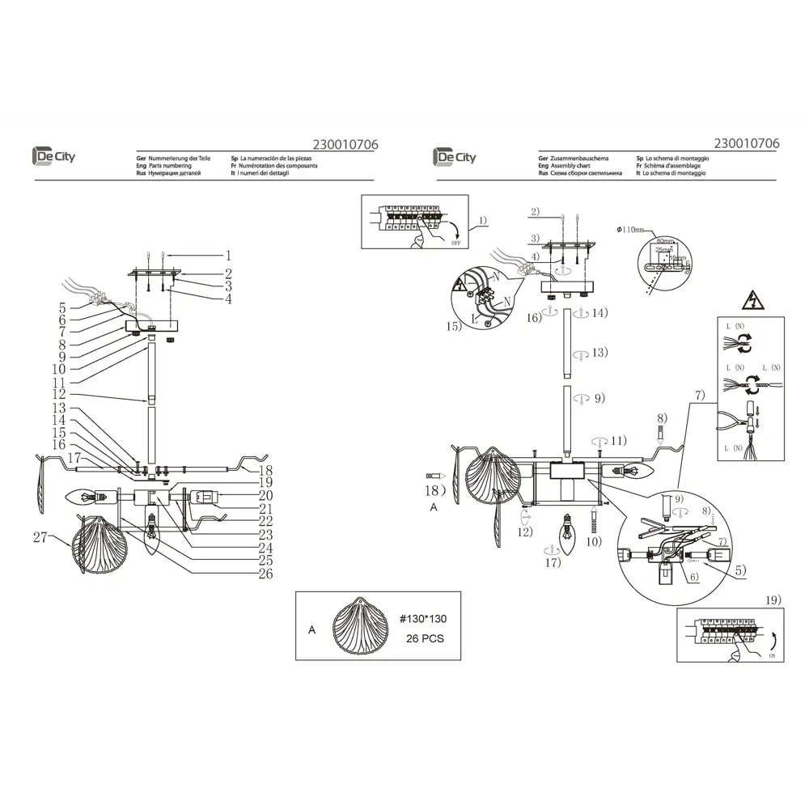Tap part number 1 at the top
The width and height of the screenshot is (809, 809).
click(x=229, y=256)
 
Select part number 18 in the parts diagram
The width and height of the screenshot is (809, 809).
click(x=265, y=470)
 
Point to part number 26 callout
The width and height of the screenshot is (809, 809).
click(x=265, y=574)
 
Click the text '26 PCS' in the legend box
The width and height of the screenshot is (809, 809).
click(x=424, y=637)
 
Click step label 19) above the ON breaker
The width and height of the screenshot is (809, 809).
click(x=773, y=599)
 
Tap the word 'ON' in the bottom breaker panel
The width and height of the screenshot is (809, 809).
click(x=771, y=657)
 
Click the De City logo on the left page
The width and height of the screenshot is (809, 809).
click(x=53, y=156)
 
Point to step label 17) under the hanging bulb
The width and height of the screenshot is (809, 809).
click(x=553, y=562)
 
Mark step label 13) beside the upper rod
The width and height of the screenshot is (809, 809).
click(x=599, y=353)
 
